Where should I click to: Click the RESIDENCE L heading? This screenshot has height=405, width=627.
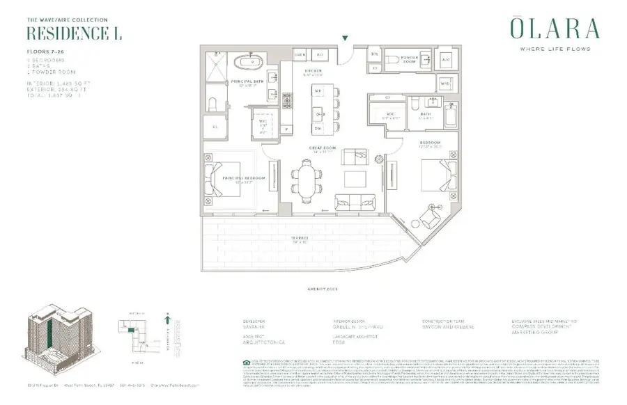click(x=62, y=33)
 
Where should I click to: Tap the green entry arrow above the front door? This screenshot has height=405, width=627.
click(x=344, y=38)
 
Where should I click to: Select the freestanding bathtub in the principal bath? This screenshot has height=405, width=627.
click(x=245, y=61)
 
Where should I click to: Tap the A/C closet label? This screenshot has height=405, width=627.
click(x=447, y=60)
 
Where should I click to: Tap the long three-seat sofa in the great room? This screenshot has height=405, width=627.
click(x=353, y=203)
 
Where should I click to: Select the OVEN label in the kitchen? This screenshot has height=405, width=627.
click(x=300, y=54)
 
